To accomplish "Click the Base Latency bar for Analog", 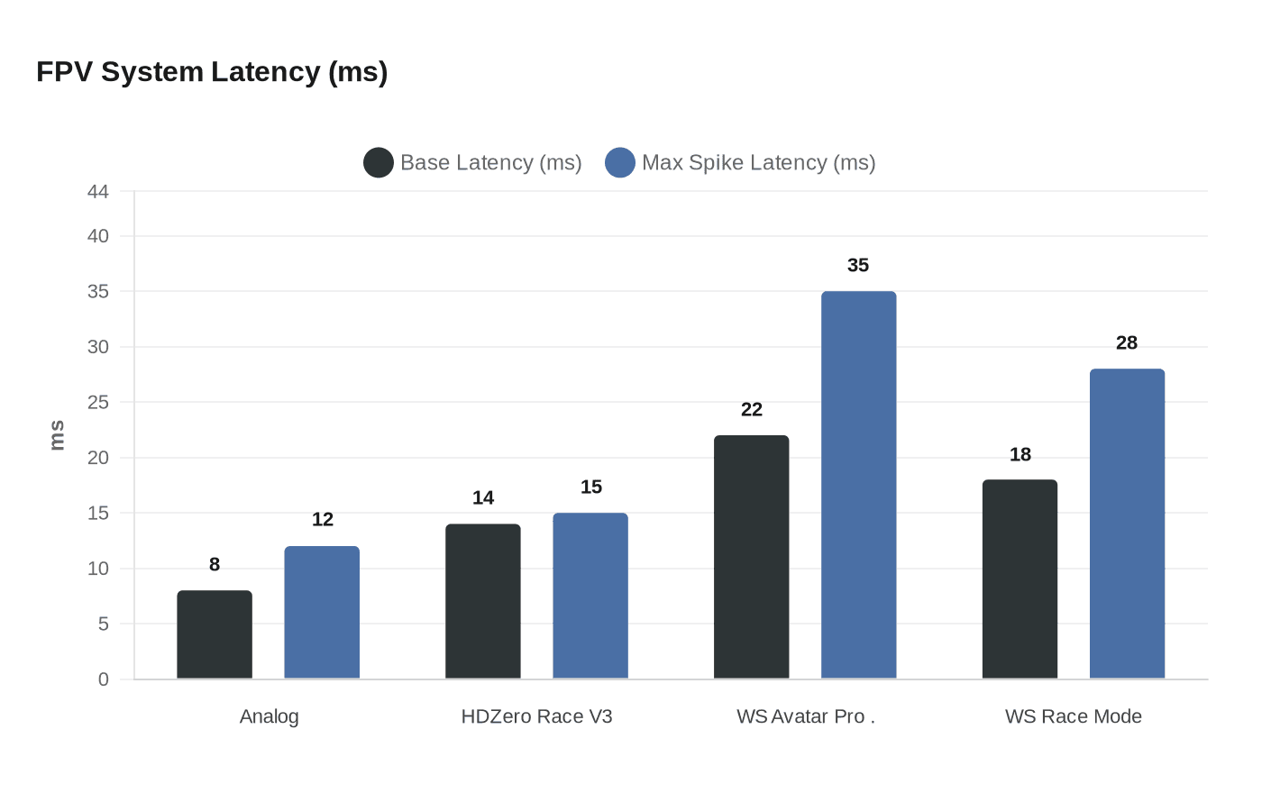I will [x=215, y=634].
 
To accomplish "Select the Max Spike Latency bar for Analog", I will [x=322, y=613].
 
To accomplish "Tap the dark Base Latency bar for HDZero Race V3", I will [x=483, y=601].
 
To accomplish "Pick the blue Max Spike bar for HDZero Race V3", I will [x=590, y=596].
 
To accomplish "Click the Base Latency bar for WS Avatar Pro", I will [x=752, y=557].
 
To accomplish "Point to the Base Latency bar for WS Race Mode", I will [x=1020, y=579].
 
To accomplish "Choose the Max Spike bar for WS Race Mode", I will [x=1128, y=524].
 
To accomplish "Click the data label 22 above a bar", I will [x=752, y=410].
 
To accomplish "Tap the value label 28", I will [x=1127, y=343].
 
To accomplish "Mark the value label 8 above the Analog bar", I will [x=215, y=565].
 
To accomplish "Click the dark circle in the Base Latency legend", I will [x=379, y=163].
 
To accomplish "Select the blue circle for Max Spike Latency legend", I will [x=620, y=163].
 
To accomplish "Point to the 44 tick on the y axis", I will [x=98, y=192].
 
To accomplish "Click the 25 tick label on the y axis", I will [x=98, y=403].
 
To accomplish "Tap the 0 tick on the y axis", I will [x=104, y=680].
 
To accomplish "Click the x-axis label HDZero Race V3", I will [x=536, y=717].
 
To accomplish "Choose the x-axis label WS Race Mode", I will [x=1074, y=717].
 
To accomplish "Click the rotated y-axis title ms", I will [x=58, y=435].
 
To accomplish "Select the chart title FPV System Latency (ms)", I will [x=212, y=72].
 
